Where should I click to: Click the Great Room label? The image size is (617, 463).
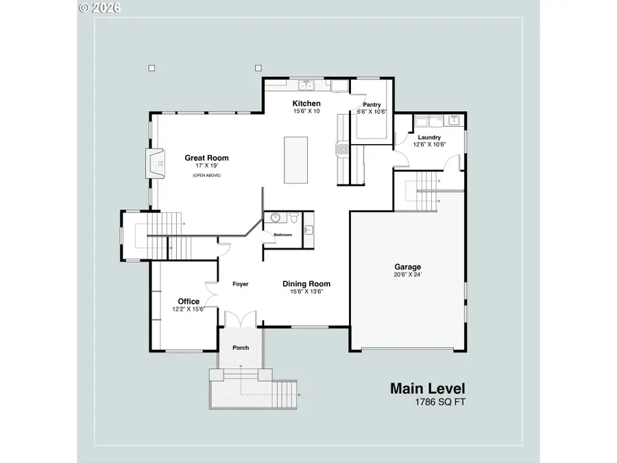pyautogui.click(x=206, y=158)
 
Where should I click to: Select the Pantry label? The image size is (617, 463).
pyautogui.click(x=372, y=104)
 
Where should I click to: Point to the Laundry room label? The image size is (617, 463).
pyautogui.click(x=429, y=137)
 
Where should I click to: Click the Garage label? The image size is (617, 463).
pyautogui.click(x=407, y=267)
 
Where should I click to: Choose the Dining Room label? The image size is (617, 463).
pyautogui.click(x=306, y=283)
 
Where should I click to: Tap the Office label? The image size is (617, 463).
pyautogui.click(x=189, y=301)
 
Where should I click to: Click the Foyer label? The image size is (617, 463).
pyautogui.click(x=240, y=284)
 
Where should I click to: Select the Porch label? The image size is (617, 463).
pyautogui.click(x=241, y=348)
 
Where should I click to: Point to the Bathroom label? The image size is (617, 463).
pyautogui.click(x=283, y=235)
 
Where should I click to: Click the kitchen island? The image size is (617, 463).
pyautogui.click(x=297, y=160)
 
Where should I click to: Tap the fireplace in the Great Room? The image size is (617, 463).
pyautogui.click(x=156, y=163)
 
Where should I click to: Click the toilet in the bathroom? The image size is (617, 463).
pyautogui.click(x=293, y=219)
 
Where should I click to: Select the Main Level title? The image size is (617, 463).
pyautogui.click(x=427, y=388)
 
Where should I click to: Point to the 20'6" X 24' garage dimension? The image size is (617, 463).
pyautogui.click(x=407, y=275)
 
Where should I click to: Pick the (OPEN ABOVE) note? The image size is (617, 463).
pyautogui.click(x=206, y=176)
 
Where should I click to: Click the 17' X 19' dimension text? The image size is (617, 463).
pyautogui.click(x=206, y=166)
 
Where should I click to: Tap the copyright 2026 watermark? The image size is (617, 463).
pyautogui.click(x=100, y=8)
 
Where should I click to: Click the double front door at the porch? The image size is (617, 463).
pyautogui.click(x=241, y=319)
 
